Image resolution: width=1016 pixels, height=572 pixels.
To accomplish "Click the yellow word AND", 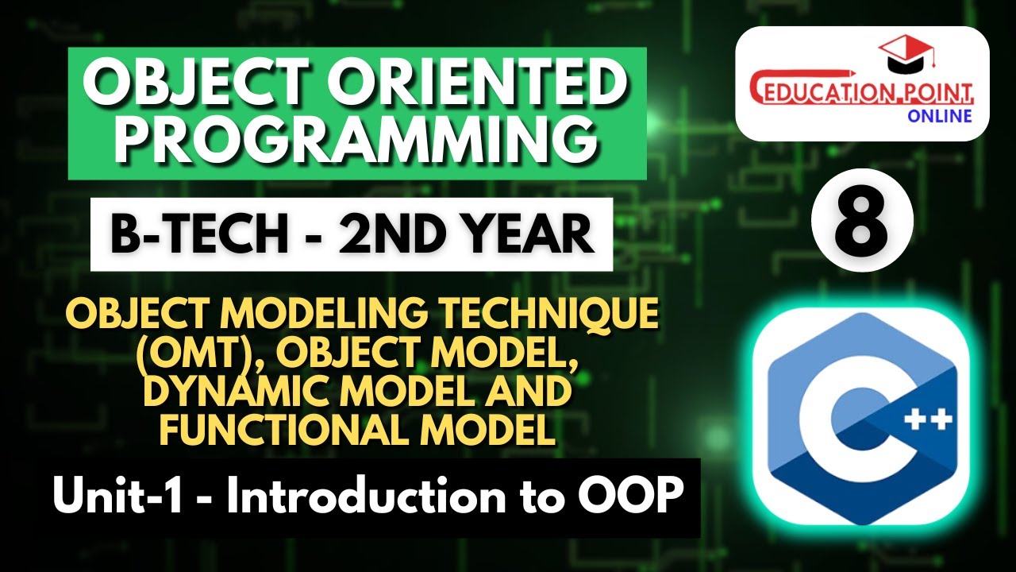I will coord(525,393).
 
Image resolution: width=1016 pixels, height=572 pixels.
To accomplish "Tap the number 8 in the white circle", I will coord(862,220).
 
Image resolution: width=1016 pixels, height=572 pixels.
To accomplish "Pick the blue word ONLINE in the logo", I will coord(938,116).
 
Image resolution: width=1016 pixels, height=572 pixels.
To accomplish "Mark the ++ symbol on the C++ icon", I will coord(929,419).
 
